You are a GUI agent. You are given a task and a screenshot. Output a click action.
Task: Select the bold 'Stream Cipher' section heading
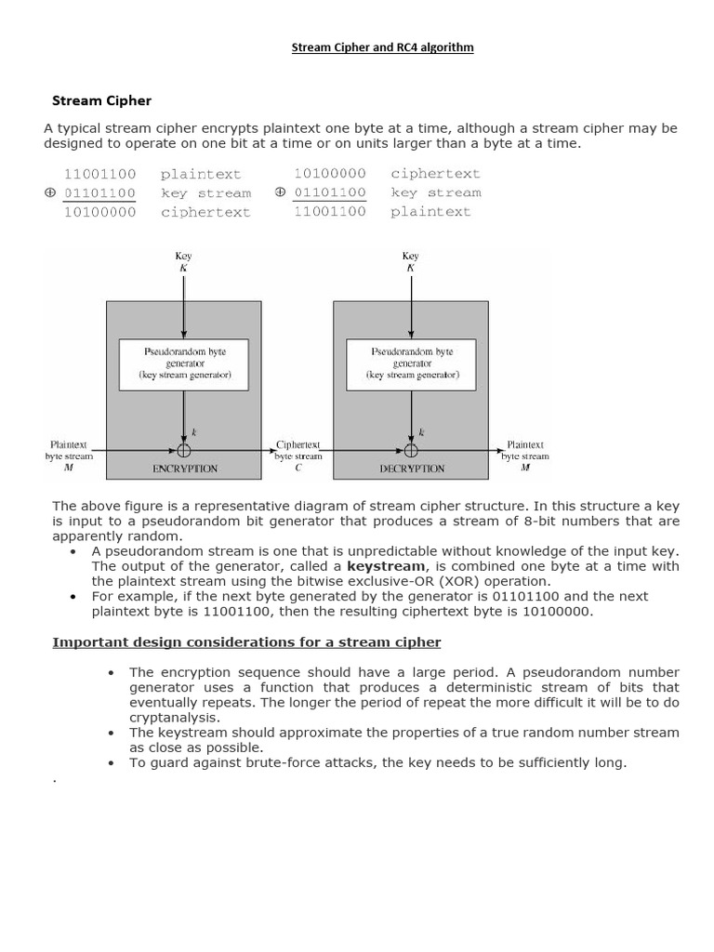click(101, 100)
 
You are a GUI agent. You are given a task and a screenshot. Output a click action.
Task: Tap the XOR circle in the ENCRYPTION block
click(184, 451)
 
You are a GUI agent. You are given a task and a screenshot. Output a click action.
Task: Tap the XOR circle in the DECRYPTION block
click(411, 451)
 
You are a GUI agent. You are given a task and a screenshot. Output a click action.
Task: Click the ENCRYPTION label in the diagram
click(184, 469)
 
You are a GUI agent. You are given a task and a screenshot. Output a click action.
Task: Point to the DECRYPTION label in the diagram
click(412, 469)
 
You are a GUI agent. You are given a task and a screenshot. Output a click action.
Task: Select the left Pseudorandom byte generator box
click(185, 364)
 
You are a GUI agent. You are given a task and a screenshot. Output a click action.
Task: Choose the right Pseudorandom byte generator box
click(411, 364)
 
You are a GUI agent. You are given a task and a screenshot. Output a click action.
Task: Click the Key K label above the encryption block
click(184, 262)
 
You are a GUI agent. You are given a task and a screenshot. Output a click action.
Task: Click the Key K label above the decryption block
click(411, 262)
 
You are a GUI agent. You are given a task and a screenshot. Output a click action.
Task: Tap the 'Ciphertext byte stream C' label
click(298, 456)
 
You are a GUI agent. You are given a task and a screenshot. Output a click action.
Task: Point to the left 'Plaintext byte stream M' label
click(69, 456)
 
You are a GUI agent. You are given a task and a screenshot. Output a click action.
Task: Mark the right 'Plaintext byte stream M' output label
click(525, 456)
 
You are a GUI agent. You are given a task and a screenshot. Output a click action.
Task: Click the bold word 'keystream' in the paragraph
click(387, 566)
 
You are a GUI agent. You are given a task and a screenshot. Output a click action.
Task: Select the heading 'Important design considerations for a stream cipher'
click(246, 642)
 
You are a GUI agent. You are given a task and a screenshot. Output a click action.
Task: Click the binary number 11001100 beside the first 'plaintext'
click(99, 174)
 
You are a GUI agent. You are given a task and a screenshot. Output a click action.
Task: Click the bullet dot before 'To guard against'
click(111, 763)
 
